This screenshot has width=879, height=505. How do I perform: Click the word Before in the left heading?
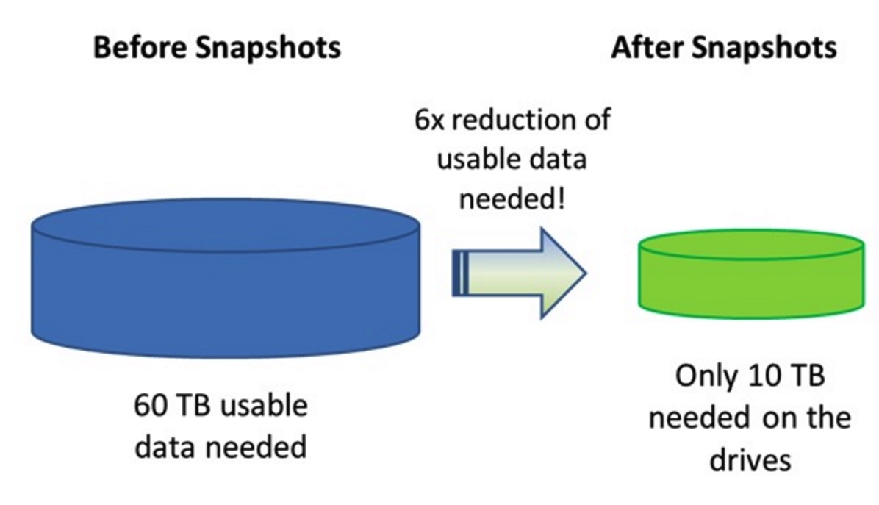pyautogui.click(x=140, y=46)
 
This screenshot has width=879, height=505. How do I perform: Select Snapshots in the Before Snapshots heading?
pyautogui.click(x=268, y=48)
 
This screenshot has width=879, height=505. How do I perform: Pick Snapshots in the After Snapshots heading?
pyautogui.click(x=764, y=48)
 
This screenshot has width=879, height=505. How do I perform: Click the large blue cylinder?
pyautogui.click(x=226, y=278)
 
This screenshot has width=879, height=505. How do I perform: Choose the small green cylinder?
pyautogui.click(x=751, y=274)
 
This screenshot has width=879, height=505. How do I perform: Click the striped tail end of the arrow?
pyautogui.click(x=460, y=273)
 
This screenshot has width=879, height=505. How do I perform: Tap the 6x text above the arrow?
pyautogui.click(x=429, y=120)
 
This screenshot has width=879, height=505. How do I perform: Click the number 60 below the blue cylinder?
pyautogui.click(x=150, y=405)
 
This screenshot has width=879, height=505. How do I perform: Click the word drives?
pyautogui.click(x=750, y=460)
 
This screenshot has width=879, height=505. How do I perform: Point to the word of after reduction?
pyautogui.click(x=598, y=120)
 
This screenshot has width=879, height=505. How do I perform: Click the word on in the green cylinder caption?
pyautogui.click(x=783, y=419)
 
